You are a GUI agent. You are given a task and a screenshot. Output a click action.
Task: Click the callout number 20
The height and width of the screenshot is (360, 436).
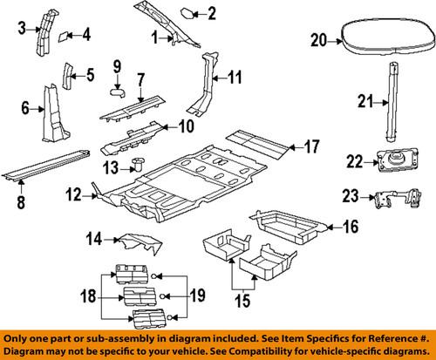coord(318,37)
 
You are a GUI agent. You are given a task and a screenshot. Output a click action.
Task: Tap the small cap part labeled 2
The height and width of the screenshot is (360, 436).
coord(187,13)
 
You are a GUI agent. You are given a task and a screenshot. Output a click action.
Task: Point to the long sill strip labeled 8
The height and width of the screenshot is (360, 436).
coord(48,166)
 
